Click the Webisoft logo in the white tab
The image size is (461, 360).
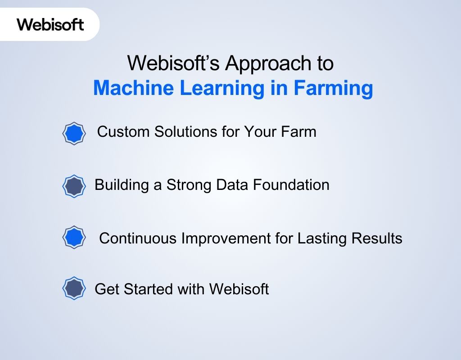[x=50, y=24]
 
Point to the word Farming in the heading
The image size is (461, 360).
[x=333, y=88]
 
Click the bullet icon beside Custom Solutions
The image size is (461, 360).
[x=73, y=134]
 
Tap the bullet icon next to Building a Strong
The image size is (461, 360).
[x=73, y=186]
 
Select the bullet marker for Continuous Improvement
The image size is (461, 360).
[x=73, y=237]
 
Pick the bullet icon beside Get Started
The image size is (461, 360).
[x=73, y=288]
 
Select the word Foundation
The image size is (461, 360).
[x=292, y=185]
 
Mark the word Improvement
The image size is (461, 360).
[x=225, y=238]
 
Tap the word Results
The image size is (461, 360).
[x=377, y=238]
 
